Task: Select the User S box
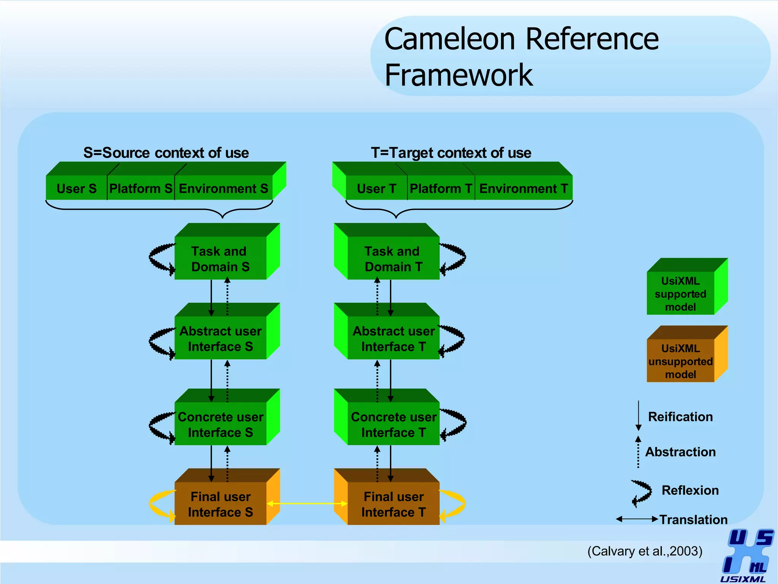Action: pyautogui.click(x=76, y=188)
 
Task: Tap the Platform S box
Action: pyautogui.click(x=141, y=188)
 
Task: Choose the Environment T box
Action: pyautogui.click(x=523, y=188)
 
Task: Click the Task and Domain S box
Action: pyautogui.click(x=220, y=259)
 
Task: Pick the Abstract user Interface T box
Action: pyautogui.click(x=393, y=338)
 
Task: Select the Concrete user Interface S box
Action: pyautogui.click(x=220, y=424)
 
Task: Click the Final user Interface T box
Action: pyautogui.click(x=393, y=504)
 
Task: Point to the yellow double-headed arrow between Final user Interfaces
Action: pyautogui.click(x=307, y=503)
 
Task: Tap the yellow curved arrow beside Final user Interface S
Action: pyautogui.click(x=160, y=504)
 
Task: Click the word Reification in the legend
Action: pyautogui.click(x=680, y=417)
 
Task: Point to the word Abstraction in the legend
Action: pyautogui.click(x=680, y=452)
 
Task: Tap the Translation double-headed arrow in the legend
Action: pyautogui.click(x=637, y=519)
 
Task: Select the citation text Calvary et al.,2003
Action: pyautogui.click(x=645, y=551)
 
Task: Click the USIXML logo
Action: pyautogui.click(x=746, y=555)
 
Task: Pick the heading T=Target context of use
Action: pyautogui.click(x=451, y=153)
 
